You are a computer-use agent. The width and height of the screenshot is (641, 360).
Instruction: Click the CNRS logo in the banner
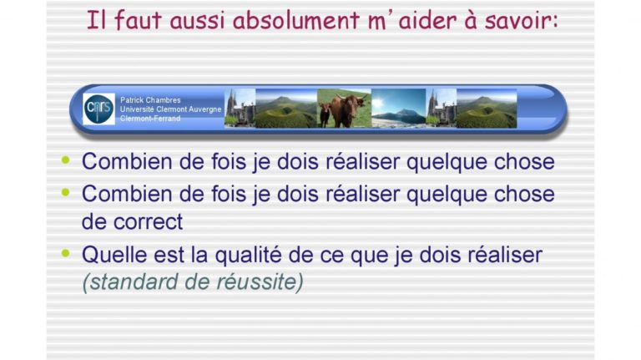(x=99, y=109)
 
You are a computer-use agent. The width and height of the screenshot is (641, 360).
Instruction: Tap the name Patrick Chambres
(x=150, y=100)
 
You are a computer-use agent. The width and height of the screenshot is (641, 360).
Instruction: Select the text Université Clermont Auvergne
(x=170, y=109)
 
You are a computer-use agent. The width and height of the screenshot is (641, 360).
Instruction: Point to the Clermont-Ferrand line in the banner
(x=150, y=119)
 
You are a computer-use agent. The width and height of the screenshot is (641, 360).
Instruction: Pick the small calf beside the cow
(x=325, y=114)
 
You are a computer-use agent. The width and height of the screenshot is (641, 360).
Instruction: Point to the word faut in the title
(x=139, y=20)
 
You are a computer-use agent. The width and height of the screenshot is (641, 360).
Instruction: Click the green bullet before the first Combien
(x=65, y=160)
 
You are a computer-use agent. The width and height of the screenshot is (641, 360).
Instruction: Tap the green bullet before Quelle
(x=65, y=253)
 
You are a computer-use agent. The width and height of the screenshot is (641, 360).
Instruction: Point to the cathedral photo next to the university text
(x=240, y=109)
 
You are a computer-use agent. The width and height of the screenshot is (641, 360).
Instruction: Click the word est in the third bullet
(x=169, y=256)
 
